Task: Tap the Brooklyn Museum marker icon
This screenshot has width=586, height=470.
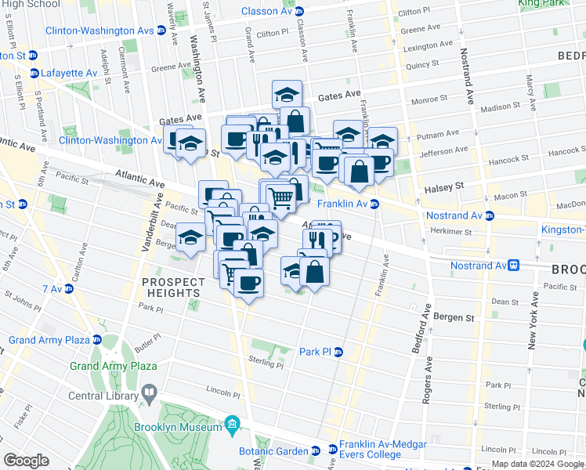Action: (x=232, y=427)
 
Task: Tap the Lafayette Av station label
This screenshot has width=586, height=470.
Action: (x=70, y=73)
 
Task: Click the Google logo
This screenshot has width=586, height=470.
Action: (x=26, y=461)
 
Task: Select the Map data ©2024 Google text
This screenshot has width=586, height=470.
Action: (x=537, y=464)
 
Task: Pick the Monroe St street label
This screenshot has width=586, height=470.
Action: (x=429, y=99)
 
